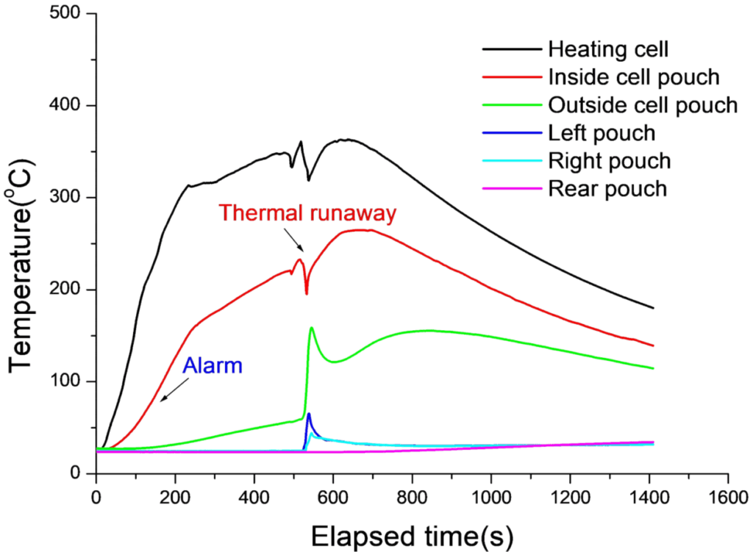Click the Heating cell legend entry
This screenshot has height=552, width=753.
[x=608, y=50]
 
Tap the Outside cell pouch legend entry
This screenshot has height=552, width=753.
[x=643, y=105]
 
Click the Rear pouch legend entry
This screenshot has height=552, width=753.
[x=607, y=189]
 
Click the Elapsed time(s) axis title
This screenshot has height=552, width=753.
[x=412, y=530]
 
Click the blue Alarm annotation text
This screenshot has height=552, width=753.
[x=213, y=365]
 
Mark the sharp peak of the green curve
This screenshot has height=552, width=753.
[x=312, y=328]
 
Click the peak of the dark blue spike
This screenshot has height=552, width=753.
[x=309, y=414]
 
